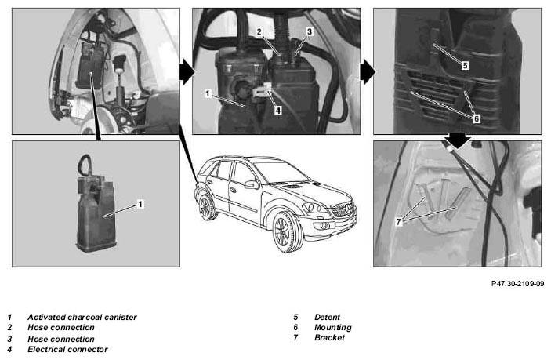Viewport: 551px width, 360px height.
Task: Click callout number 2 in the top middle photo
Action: [259, 32]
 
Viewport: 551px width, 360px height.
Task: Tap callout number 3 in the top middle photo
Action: [310, 31]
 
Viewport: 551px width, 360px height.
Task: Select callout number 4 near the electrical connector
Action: [278, 111]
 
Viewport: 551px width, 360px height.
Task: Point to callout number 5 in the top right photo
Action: [465, 65]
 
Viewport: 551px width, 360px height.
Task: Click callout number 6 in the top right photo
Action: [477, 118]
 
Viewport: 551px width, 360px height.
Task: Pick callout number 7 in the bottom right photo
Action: [398, 222]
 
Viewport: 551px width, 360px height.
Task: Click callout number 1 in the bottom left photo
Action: [140, 204]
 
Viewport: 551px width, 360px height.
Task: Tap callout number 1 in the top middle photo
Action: [208, 93]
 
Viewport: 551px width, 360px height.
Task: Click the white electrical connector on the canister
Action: [262, 91]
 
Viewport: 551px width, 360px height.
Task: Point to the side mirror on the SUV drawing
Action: [252, 185]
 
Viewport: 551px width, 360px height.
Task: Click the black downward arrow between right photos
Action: [457, 140]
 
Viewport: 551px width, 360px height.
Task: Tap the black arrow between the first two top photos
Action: [187, 71]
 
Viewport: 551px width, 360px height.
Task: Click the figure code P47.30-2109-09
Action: [517, 283]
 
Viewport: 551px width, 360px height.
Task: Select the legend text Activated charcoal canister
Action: [82, 317]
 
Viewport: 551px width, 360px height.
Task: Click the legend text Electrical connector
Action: [68, 350]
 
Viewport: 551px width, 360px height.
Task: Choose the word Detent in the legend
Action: [327, 317]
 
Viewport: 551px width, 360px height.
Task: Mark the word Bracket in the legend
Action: [330, 337]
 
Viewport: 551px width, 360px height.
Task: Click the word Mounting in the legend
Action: [333, 328]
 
